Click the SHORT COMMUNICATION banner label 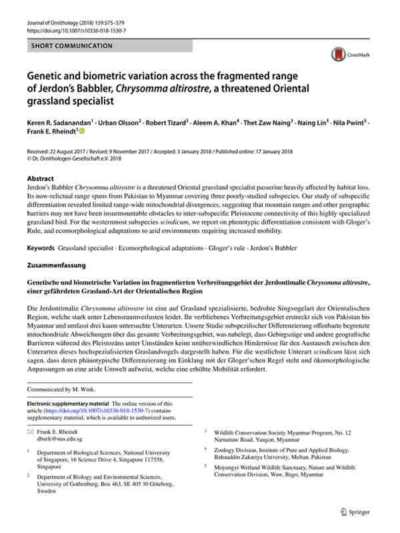[72, 46]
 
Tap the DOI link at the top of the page [77, 31]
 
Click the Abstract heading [41, 179]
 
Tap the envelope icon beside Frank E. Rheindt [30, 432]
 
